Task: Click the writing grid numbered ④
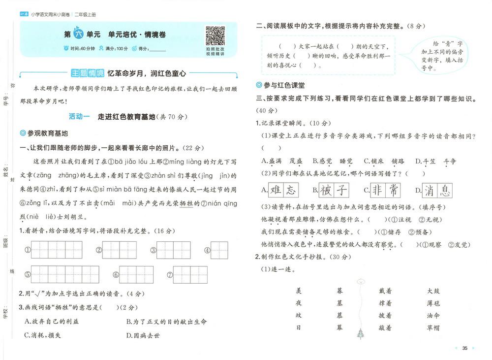(219, 250)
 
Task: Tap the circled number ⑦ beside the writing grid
(170, 275)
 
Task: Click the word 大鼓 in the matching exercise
(433, 291)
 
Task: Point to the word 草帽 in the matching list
(433, 327)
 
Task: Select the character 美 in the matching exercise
(298, 291)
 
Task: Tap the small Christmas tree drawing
(362, 334)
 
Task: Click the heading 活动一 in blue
(79, 117)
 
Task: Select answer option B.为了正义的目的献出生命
(166, 322)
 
